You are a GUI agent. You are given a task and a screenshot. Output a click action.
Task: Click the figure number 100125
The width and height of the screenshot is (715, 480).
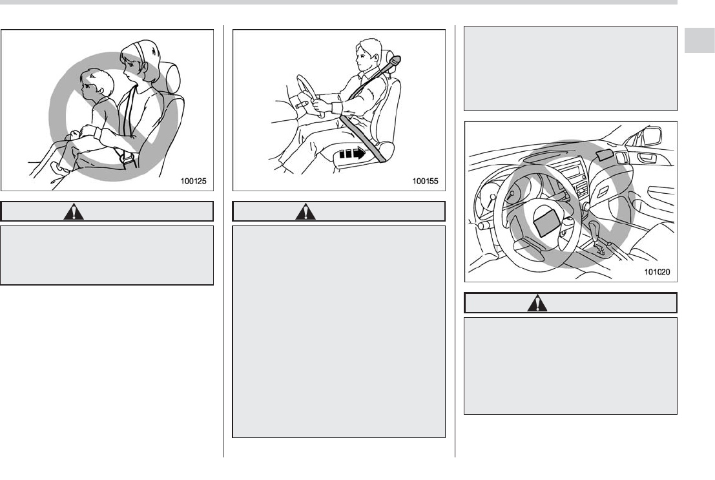193,181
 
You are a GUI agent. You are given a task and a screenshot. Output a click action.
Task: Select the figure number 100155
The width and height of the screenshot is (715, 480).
426,181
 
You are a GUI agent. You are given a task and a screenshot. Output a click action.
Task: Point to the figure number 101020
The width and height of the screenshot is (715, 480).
657,272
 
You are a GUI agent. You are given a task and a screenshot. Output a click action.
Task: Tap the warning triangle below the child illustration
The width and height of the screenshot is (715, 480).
74,212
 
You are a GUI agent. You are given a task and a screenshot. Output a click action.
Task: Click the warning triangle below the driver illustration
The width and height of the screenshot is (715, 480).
306,212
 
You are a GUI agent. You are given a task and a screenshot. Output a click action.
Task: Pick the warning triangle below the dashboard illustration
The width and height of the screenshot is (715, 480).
537,304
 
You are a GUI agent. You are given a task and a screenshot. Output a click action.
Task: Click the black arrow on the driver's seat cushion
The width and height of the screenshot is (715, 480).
353,153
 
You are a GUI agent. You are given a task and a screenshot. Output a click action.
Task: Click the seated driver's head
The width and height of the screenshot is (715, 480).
368,55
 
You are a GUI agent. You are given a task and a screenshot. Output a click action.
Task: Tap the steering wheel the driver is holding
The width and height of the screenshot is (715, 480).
308,95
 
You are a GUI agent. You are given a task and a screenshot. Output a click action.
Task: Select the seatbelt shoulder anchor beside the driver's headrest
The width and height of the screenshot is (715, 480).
395,60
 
